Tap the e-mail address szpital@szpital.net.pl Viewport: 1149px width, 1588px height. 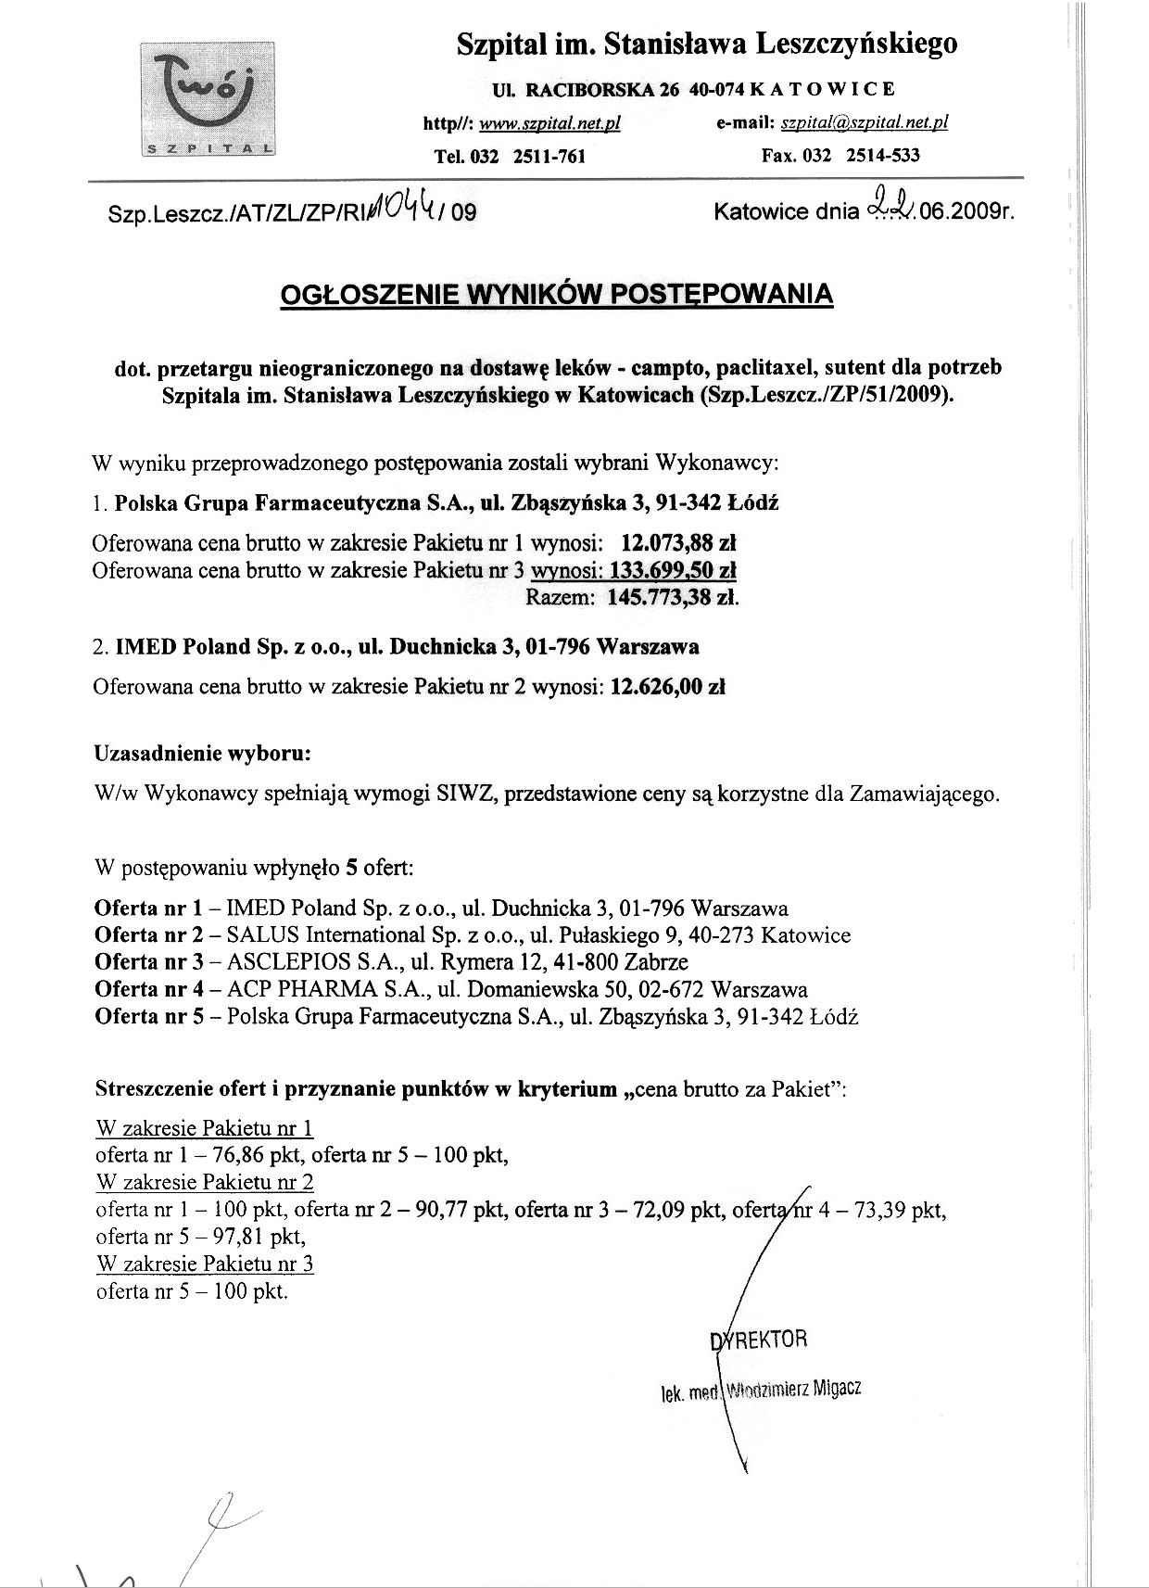[865, 123]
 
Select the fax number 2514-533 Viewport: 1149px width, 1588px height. [883, 155]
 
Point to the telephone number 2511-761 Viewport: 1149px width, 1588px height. [549, 156]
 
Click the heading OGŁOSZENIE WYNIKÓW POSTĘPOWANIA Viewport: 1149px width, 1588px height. [556, 294]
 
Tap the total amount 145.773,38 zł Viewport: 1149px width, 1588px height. [673, 598]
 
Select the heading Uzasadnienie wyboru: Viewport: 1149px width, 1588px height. [202, 753]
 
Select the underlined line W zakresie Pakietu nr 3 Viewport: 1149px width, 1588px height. [205, 1264]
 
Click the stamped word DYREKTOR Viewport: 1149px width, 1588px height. [758, 1340]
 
